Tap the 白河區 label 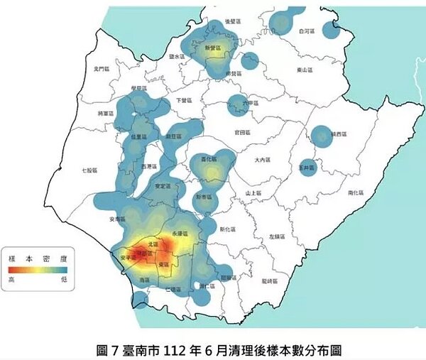pyautogui.click(x=306, y=31)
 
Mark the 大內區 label pyautogui.click(x=263, y=160)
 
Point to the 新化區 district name pyautogui.click(x=227, y=229)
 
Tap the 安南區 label pyautogui.click(x=118, y=219)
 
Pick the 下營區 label pyautogui.click(x=183, y=100)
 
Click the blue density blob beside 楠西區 pyautogui.click(x=321, y=135)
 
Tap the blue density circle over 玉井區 pyautogui.click(x=307, y=168)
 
